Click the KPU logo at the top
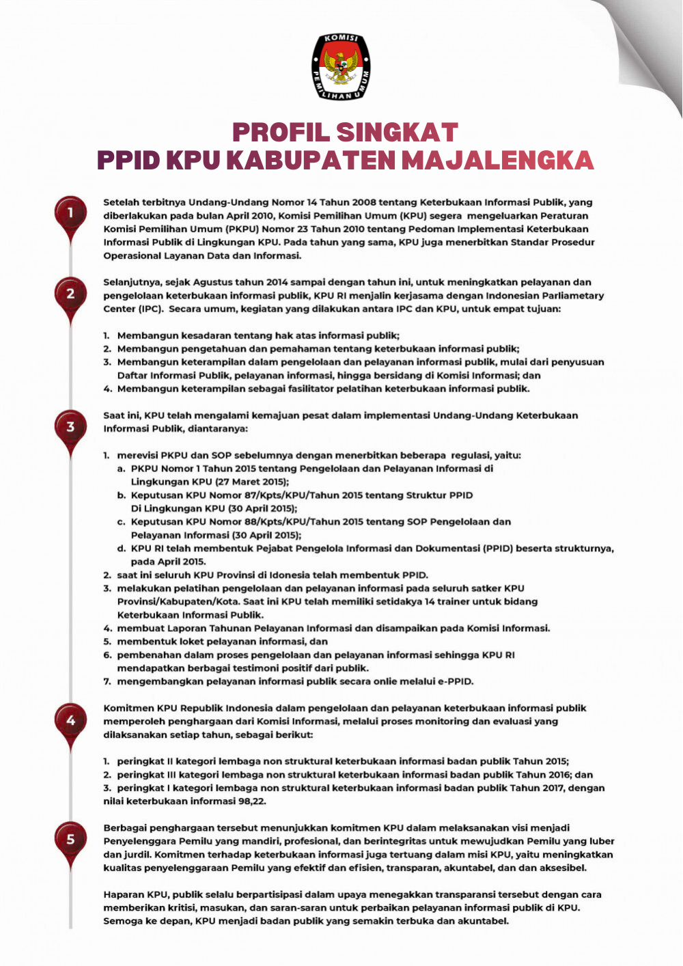tap(341, 67)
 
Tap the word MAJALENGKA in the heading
tap(497, 160)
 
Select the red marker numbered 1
tap(70, 213)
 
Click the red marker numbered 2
tap(70, 294)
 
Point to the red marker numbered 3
tap(70, 427)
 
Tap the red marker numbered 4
tap(70, 720)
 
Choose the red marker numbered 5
tap(70, 839)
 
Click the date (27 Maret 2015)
tap(252, 482)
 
